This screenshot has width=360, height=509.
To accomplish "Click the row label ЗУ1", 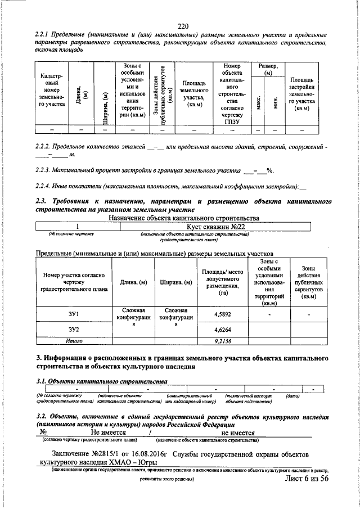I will tap(74, 314).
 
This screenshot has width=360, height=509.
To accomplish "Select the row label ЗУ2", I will tap(74, 330).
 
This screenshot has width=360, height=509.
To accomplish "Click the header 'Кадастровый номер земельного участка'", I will tap(51, 91).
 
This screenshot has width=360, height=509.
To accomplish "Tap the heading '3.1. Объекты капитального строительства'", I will tap(101, 381).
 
